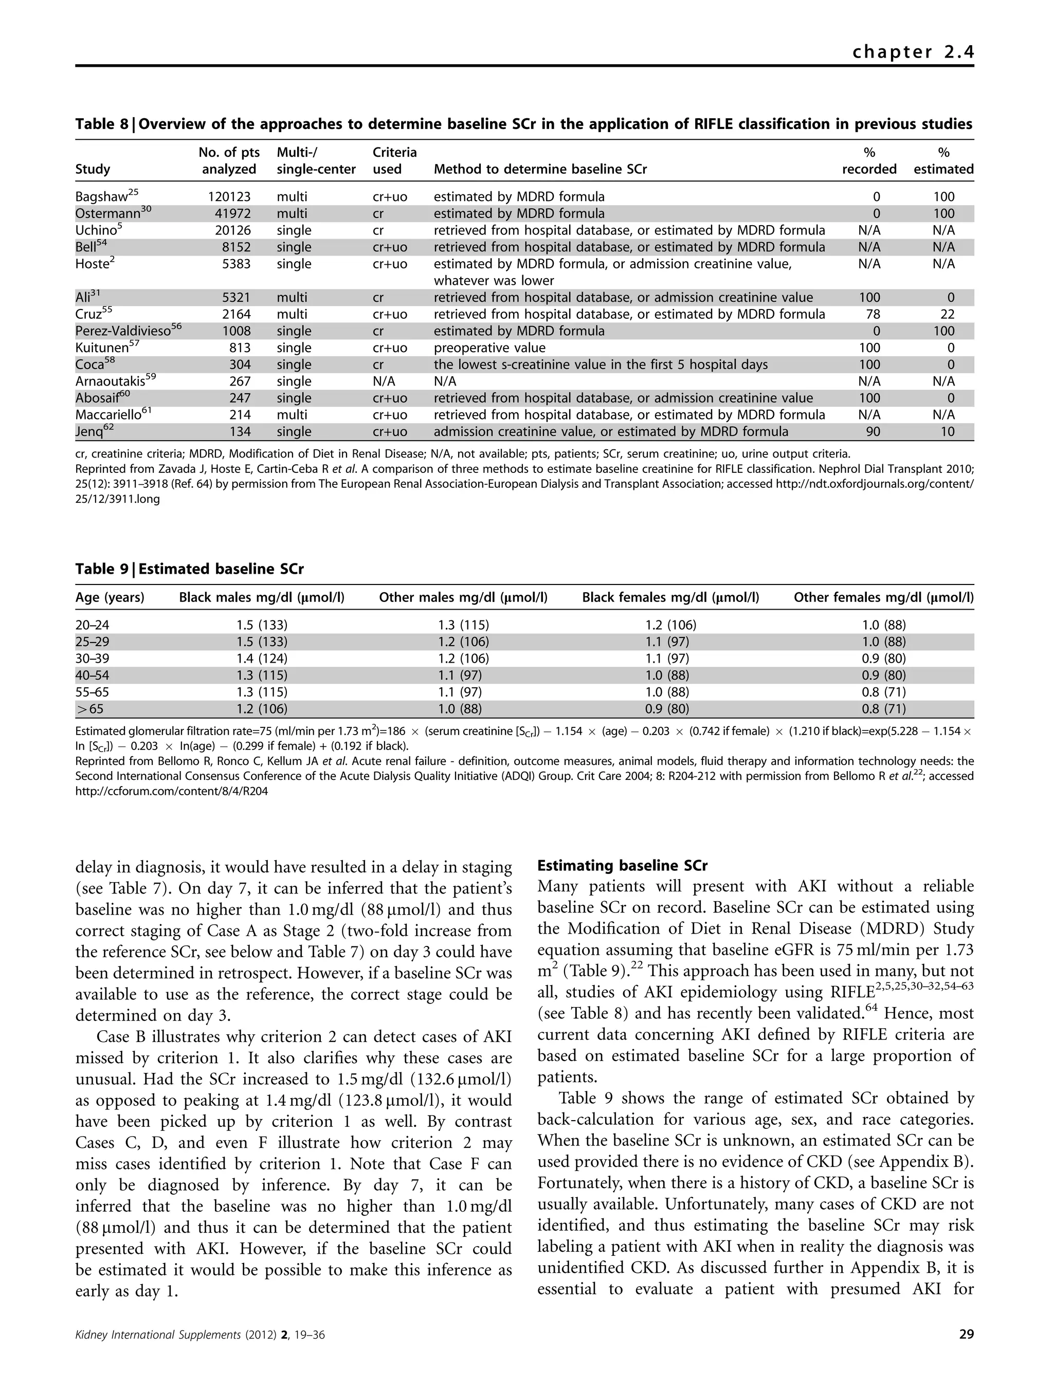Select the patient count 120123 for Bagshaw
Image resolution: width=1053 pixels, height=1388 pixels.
229,196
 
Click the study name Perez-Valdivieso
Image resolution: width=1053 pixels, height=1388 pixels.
123,331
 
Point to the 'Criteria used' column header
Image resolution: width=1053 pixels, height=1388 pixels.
394,160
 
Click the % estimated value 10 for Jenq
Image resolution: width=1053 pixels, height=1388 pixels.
948,432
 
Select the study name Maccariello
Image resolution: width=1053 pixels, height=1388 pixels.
108,415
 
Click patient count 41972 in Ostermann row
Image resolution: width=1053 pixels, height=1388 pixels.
232,213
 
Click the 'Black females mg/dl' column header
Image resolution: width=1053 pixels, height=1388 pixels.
670,597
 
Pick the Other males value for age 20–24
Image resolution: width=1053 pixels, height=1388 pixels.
463,625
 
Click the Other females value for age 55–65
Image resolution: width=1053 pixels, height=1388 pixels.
883,692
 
